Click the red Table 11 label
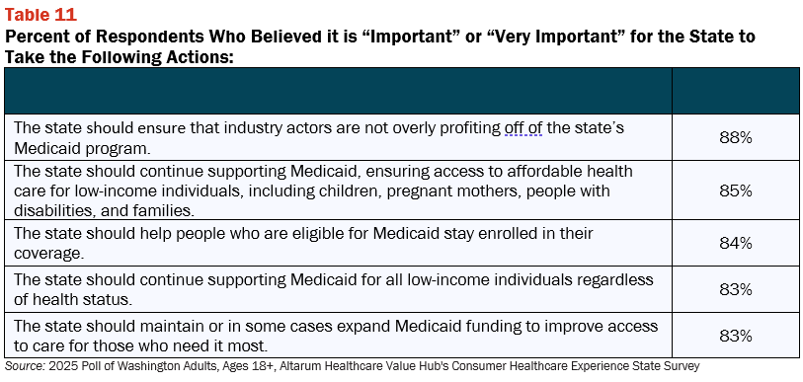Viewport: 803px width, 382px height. (40, 15)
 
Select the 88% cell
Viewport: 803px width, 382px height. (736, 138)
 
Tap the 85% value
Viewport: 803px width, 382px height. (736, 191)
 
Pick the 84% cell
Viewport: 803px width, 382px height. (736, 243)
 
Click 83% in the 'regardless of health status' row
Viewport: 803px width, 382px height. (736, 289)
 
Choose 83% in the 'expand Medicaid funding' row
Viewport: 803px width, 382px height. (736, 336)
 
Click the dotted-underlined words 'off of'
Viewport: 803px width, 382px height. (523, 127)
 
